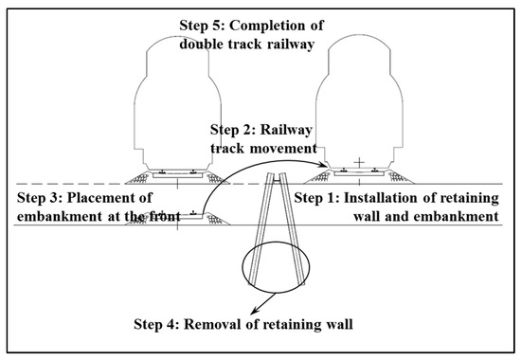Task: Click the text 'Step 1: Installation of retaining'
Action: [x=404, y=198]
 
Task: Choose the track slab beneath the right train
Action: [x=355, y=173]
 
